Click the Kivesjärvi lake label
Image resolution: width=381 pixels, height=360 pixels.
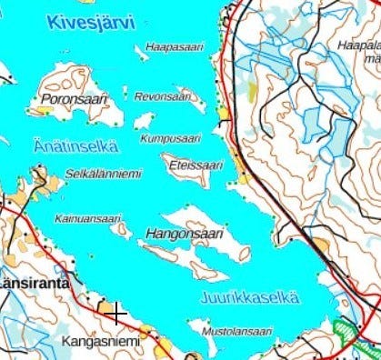tap(92, 21)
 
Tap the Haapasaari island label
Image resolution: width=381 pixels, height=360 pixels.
tap(175, 46)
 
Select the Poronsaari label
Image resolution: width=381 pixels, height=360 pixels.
tap(75, 98)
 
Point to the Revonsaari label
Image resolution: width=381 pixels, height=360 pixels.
tap(163, 96)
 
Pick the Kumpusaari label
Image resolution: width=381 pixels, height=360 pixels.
tap(170, 138)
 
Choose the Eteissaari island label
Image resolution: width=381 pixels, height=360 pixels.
tap(196, 165)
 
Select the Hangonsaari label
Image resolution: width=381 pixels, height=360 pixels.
tap(183, 235)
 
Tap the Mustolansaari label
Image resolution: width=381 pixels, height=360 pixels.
tap(237, 333)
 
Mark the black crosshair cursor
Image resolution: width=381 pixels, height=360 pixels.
tap(115, 314)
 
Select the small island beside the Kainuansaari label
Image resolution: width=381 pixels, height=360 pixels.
tap(120, 230)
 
